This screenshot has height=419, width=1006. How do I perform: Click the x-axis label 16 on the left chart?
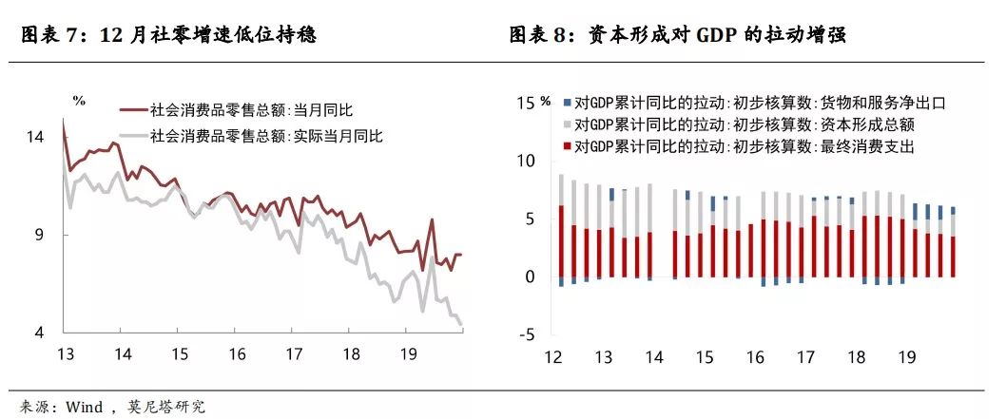pyautogui.click(x=237, y=354)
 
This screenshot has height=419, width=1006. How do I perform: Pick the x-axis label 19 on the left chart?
pyautogui.click(x=407, y=354)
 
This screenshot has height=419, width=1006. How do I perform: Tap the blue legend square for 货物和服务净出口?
pyautogui.click(x=566, y=104)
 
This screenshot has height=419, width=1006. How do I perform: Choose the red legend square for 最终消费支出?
pyautogui.click(x=566, y=146)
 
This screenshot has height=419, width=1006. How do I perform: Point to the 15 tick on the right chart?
pyautogui.click(x=526, y=103)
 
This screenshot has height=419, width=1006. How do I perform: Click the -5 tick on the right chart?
pyautogui.click(x=528, y=334)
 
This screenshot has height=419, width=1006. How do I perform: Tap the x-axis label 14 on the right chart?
pyautogui.click(x=654, y=357)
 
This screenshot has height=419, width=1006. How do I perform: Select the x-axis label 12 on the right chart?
pyautogui.click(x=553, y=357)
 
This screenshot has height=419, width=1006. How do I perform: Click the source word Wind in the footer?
pyautogui.click(x=84, y=407)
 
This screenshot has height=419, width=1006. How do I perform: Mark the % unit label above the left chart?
pyautogui.click(x=79, y=101)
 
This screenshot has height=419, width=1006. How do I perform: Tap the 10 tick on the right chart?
pyautogui.click(x=526, y=161)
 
